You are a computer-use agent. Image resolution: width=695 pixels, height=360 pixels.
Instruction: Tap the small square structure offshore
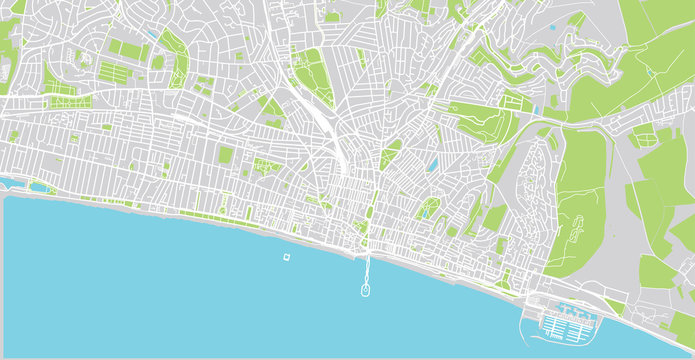pos(288,257)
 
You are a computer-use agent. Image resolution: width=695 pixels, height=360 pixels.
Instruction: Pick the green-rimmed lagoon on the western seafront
pos(40,186)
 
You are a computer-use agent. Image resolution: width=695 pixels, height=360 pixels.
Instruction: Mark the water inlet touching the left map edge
pos(4,182)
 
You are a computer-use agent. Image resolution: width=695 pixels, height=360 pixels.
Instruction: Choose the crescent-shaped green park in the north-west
pos(177,60)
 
